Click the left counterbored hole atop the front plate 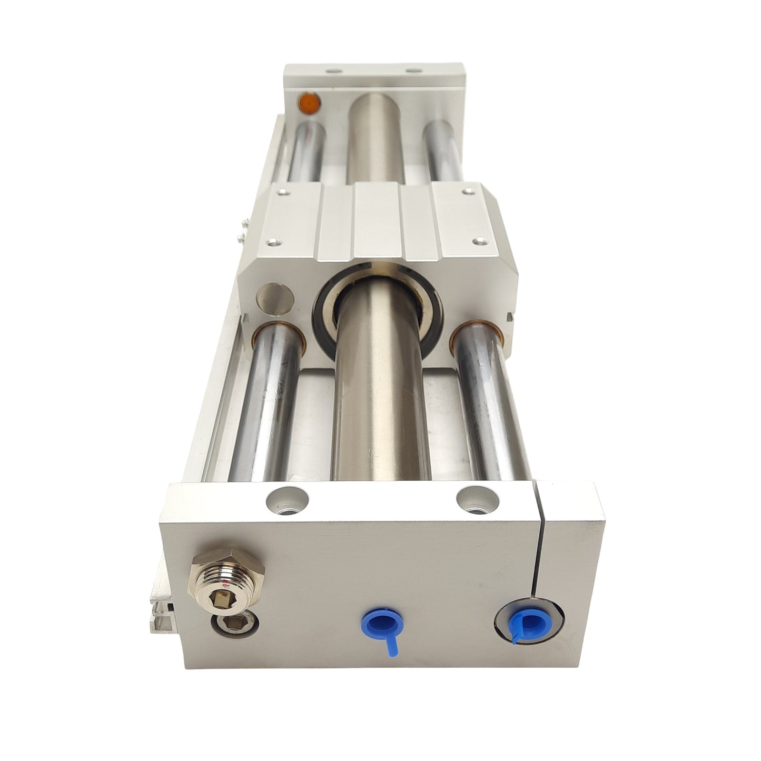click(x=287, y=498)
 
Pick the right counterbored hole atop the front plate click(x=477, y=498)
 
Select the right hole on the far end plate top click(x=411, y=70)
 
